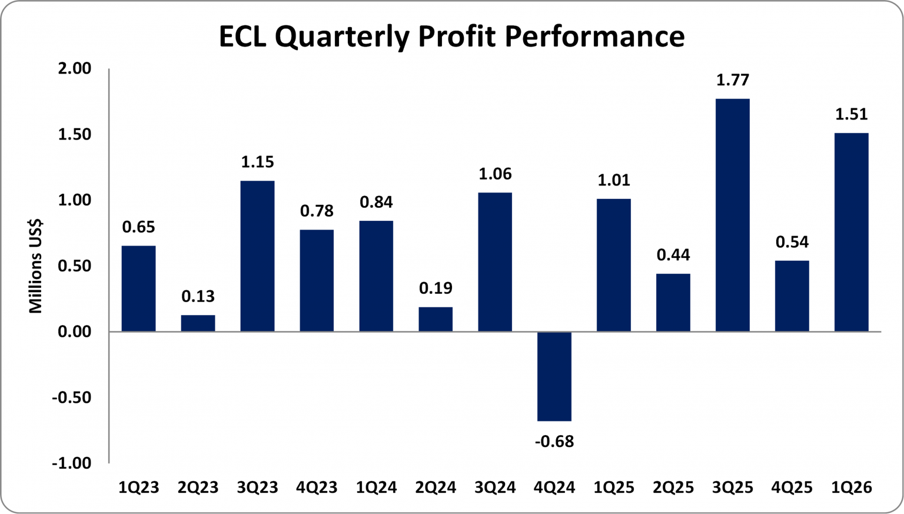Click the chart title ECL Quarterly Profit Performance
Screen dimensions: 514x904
tap(451, 37)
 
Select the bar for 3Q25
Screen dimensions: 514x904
tap(732, 215)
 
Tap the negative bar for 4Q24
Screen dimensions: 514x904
tap(554, 376)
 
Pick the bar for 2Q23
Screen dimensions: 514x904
tap(198, 323)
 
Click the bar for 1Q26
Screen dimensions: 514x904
tap(851, 232)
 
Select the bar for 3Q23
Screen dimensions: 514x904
tap(257, 256)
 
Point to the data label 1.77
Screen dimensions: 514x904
tap(732, 79)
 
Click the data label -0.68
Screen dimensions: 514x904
tap(554, 442)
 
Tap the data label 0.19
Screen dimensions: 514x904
tap(436, 288)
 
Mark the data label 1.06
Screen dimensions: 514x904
tap(495, 174)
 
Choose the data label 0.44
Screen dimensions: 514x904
tap(673, 255)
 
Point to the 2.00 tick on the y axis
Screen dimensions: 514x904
tap(75, 69)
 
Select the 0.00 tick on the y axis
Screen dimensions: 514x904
tap(75, 331)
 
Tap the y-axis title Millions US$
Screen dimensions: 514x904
tap(36, 266)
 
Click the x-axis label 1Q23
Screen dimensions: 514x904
tap(139, 488)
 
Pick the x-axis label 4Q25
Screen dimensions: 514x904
tap(792, 488)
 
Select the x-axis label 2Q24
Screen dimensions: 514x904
tap(436, 488)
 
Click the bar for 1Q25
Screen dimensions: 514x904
tap(614, 265)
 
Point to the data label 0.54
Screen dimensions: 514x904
tap(792, 242)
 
